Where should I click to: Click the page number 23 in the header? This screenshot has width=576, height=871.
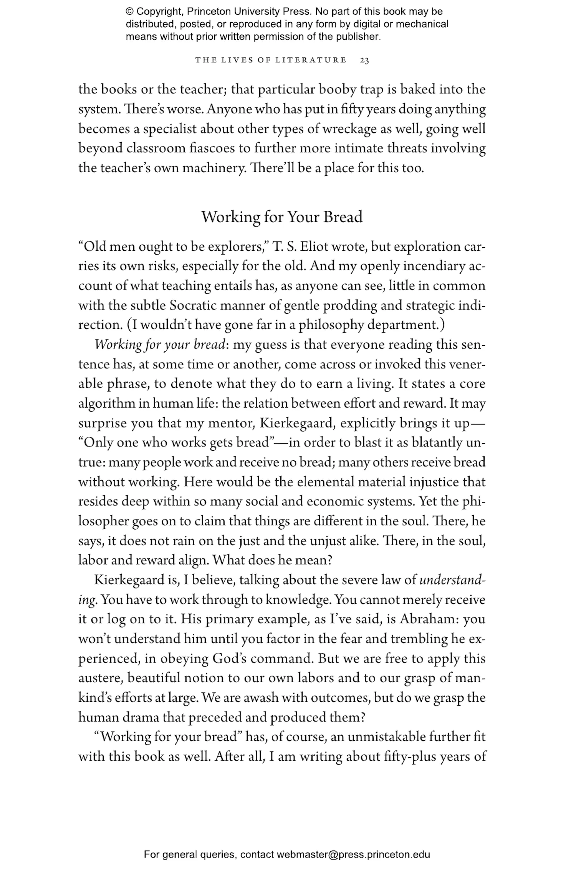[x=364, y=60]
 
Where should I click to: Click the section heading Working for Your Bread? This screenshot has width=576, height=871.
[x=282, y=217]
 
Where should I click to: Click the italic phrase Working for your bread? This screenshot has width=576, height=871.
[x=159, y=345]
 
